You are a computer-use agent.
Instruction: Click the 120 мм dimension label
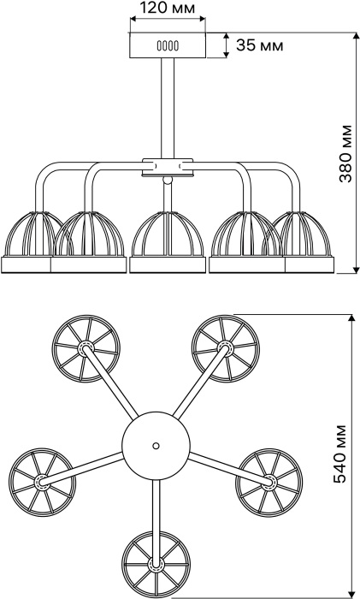[x=168, y=7]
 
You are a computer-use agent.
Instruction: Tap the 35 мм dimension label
[x=260, y=45]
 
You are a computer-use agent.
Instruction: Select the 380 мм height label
[x=345, y=153]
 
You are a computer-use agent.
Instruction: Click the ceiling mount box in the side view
[x=168, y=45]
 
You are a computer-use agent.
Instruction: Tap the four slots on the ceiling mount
[x=168, y=46]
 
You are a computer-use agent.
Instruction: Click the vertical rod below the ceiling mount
[x=168, y=108]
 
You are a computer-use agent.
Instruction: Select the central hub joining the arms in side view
[x=168, y=168]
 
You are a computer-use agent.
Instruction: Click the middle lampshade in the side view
[x=168, y=233]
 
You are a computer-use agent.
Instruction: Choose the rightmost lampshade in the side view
[x=304, y=233]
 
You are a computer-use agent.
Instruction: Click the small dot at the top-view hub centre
[x=156, y=446]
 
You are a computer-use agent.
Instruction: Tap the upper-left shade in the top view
[x=86, y=348]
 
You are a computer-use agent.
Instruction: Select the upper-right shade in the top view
[x=225, y=348]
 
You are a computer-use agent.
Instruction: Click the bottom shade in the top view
[x=156, y=564]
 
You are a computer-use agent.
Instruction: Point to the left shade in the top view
[x=42, y=481]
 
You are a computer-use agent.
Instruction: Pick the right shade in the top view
[x=269, y=483]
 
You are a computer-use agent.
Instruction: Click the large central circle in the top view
[x=156, y=446]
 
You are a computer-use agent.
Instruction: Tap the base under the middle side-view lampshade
[x=168, y=264]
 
